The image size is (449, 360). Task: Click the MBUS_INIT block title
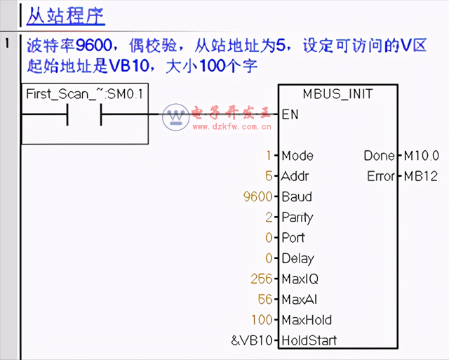point(337,94)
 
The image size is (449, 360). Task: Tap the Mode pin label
point(297,156)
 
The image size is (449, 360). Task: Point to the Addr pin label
point(295,176)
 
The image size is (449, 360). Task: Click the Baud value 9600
point(257,196)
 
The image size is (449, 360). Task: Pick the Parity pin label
point(297,218)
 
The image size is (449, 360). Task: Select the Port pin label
point(293,238)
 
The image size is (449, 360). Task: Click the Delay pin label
point(297,258)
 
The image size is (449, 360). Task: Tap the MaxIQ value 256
point(261,279)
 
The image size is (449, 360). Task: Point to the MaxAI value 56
point(264,300)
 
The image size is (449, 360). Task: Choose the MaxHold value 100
point(261,320)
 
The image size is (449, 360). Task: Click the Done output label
point(379,156)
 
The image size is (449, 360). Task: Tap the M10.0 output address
point(422,156)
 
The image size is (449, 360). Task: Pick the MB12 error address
point(420,176)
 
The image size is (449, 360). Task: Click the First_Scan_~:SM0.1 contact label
point(86,94)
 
